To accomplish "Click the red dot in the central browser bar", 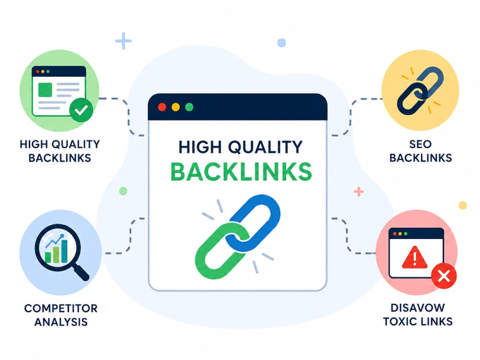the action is coord(162,107).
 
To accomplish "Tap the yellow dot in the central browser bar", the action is coord(176,107).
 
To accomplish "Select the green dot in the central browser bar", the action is coord(189,107).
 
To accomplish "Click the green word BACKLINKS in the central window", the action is coord(241,171).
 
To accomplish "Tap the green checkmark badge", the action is coord(81,110).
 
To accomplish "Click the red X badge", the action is coord(444,276).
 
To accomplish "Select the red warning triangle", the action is coord(415,258).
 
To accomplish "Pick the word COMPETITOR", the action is coord(61,308).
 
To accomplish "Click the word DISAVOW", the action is coord(418,308).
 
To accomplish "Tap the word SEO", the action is coord(420,144).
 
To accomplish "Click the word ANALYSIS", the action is coord(61,322).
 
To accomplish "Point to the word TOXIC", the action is coord(399,322).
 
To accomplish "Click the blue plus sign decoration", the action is coord(123,41).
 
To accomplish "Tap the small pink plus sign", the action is coord(359,192).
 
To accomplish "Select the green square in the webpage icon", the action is coord(45,89).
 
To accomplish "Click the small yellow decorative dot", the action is coord(463,205).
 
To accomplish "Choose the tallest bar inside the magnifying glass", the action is coord(64,252).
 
